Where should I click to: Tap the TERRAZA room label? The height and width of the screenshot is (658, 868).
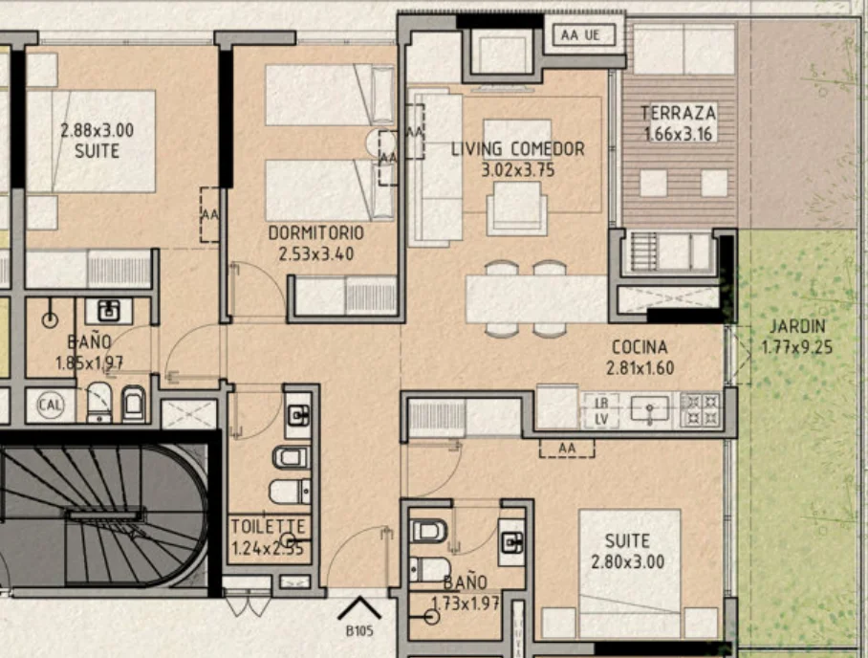pos(678,114)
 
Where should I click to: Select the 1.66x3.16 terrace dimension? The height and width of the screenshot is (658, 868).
pos(678,134)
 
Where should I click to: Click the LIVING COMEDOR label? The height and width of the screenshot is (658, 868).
pos(517,149)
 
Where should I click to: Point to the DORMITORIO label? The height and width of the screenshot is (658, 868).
pos(316,233)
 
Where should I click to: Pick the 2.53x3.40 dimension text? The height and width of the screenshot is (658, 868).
pos(316,254)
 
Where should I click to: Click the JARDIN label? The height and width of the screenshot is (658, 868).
pos(797,327)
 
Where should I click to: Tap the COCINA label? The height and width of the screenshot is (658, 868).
pos(640,347)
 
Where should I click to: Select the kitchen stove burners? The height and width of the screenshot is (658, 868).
pos(701,410)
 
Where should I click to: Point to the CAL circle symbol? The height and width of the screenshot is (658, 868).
pos(51,405)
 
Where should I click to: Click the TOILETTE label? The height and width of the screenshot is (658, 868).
pos(268,526)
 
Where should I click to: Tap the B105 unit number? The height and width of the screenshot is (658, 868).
pos(359,631)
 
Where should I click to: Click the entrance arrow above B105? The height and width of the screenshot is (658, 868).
pos(359,607)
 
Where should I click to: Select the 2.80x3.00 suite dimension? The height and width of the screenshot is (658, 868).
pos(627,562)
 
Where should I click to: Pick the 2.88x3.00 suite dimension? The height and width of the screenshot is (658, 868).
pos(97,131)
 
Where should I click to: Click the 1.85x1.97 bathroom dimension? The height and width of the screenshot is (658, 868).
pos(89,363)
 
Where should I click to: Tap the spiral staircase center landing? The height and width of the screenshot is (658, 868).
pos(102,515)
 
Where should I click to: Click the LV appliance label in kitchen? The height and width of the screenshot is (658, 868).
pos(601,420)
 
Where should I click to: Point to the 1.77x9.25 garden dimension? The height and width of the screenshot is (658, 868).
pos(797,348)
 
